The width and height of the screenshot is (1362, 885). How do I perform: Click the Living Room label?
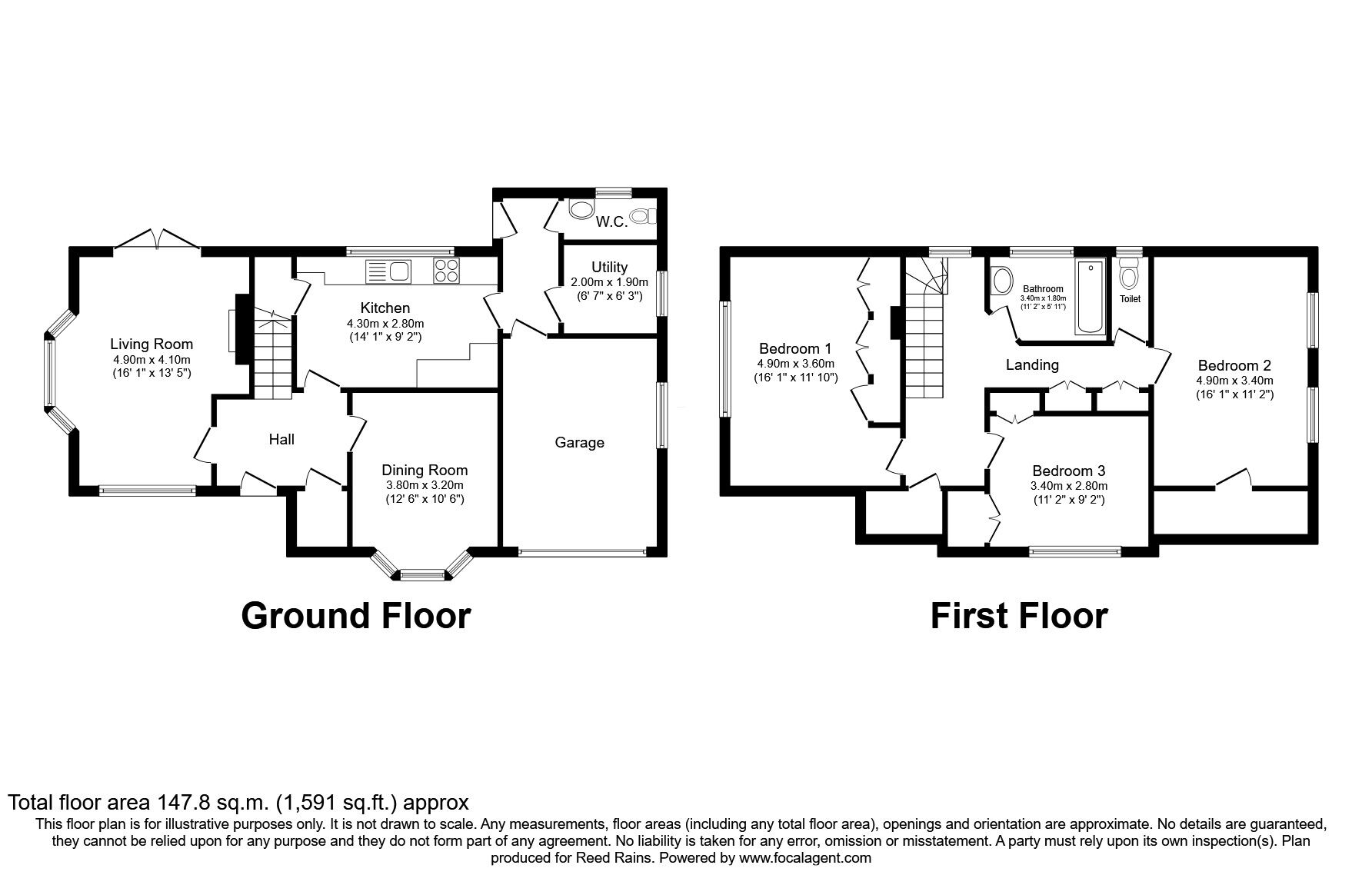pos(152,344)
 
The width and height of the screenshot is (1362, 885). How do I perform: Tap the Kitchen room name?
pos(385,308)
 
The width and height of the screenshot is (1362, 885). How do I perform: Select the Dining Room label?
pos(425,471)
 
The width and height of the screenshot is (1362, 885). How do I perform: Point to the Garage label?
pos(580,443)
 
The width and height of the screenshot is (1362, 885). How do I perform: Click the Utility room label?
pos(610,268)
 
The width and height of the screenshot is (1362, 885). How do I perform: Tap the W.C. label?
pos(612,222)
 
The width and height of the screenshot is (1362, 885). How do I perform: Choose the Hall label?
pos(281,439)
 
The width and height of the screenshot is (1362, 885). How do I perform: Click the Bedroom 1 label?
pos(795,348)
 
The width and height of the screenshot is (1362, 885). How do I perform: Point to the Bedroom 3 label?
pos(1069,471)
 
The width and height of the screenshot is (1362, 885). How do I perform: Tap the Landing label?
pos(1032,365)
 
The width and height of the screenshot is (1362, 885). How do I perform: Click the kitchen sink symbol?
pos(388,271)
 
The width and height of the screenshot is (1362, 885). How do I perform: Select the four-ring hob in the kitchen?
pos(448,271)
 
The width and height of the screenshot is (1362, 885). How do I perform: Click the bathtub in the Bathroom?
pos(1090,297)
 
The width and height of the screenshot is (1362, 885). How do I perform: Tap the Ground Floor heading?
pos(355,616)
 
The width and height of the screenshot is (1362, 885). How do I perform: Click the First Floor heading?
pos(1019,616)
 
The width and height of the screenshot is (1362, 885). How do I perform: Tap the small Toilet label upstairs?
pos(1130,299)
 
